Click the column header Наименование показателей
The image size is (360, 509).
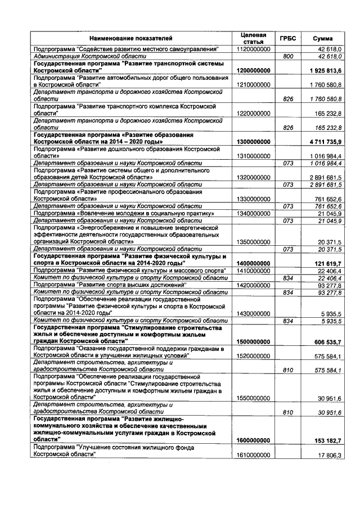point(132,38)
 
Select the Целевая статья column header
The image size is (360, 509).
point(253,38)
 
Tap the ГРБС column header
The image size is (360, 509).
point(288,38)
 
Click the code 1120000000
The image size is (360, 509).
point(254,49)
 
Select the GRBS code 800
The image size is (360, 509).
point(289,57)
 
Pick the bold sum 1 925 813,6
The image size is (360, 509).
point(326,70)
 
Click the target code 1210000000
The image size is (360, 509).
point(254,84)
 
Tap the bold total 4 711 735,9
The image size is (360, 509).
point(326,142)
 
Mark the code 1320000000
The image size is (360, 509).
point(254,177)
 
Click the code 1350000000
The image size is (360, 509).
point(254,242)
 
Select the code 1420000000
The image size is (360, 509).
point(254,285)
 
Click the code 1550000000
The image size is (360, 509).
point(254,398)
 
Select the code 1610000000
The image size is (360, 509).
point(254,456)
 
